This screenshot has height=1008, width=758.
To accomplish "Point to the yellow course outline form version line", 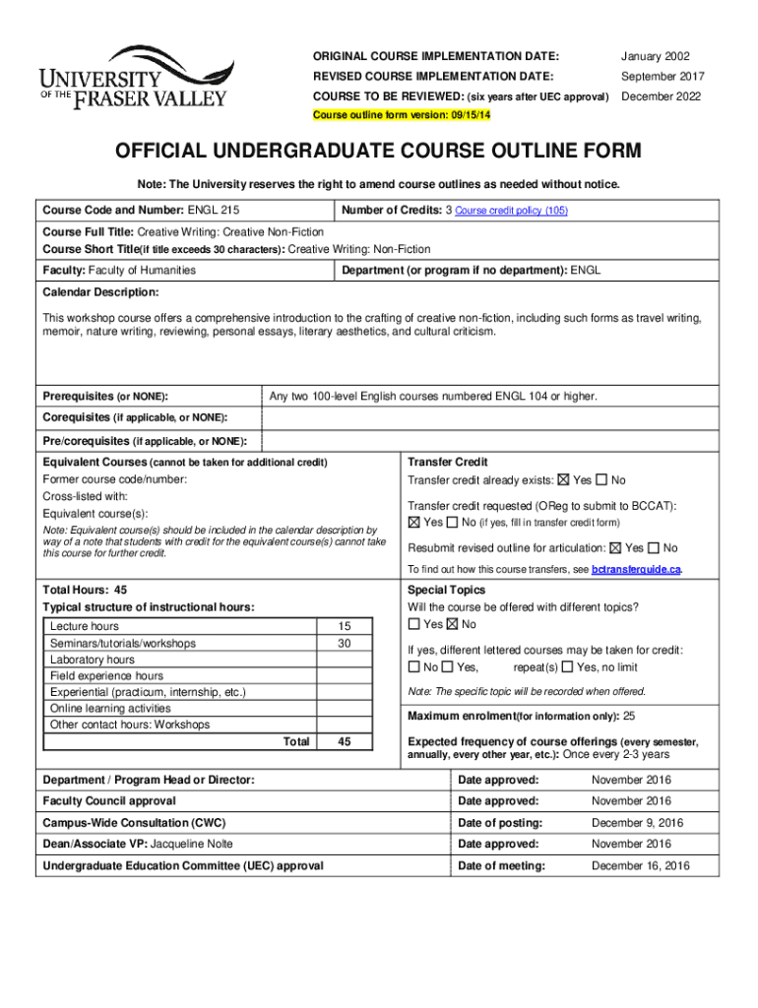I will click(402, 115).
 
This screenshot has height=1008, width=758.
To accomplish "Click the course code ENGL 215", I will click(214, 210).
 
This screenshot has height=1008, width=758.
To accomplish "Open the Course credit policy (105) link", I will click(511, 211).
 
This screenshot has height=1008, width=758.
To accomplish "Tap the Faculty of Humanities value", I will click(142, 270).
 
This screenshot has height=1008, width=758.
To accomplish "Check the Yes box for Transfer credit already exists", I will click(563, 480).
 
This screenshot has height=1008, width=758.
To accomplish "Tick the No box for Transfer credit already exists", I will click(601, 480).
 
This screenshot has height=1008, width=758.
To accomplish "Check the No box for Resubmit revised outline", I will click(654, 548).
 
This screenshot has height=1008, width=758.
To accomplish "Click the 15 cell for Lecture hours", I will click(344, 627).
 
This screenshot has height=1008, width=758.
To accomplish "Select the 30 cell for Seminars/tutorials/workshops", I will click(344, 644).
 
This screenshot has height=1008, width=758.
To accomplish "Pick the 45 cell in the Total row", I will click(344, 742).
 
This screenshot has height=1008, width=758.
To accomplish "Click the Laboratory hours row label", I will click(93, 660).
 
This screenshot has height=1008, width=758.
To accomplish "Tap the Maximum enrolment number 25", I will click(630, 716).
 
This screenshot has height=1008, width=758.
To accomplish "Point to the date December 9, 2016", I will click(634, 823).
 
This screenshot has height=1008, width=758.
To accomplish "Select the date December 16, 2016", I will click(640, 866).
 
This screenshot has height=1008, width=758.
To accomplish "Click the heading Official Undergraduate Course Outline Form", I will click(378, 151).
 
